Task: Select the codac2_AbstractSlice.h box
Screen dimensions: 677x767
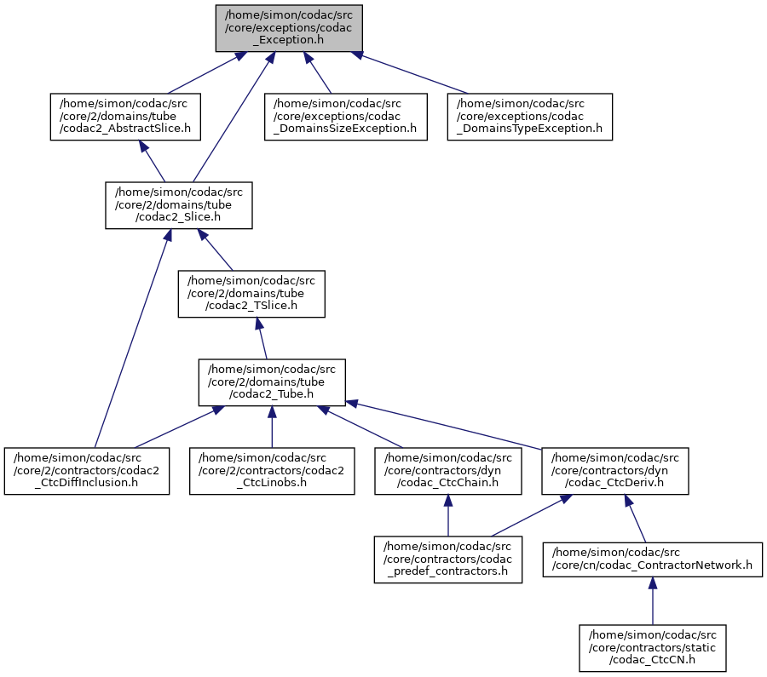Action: pyautogui.click(x=124, y=117)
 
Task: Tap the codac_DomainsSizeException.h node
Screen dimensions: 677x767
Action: pyautogui.click(x=346, y=117)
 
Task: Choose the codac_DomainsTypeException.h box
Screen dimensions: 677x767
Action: pyautogui.click(x=530, y=117)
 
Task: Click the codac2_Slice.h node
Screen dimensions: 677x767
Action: pyautogui.click(x=179, y=205)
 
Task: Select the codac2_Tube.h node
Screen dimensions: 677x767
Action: pyautogui.click(x=272, y=382)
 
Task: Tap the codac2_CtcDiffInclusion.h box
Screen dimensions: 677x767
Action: pyautogui.click(x=85, y=471)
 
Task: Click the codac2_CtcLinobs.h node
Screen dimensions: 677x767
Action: pyautogui.click(x=271, y=471)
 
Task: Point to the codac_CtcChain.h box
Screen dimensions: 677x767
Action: pyautogui.click(x=448, y=471)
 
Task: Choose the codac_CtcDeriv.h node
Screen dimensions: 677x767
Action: pyautogui.click(x=614, y=471)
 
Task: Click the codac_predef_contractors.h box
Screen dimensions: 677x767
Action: pyautogui.click(x=447, y=559)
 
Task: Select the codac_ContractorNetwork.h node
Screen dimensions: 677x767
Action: pyautogui.click(x=652, y=559)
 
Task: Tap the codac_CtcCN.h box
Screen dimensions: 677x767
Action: pyautogui.click(x=653, y=647)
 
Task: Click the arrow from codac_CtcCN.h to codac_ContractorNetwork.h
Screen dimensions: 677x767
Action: pyautogui.click(x=653, y=603)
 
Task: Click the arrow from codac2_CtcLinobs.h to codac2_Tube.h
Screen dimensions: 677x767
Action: pyautogui.click(x=271, y=426)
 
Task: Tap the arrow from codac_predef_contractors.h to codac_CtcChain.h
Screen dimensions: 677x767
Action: pyautogui.click(x=448, y=515)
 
